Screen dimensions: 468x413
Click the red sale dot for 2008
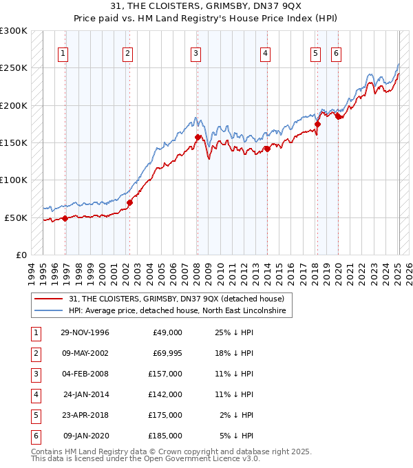tap(198, 137)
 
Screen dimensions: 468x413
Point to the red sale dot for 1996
tap(65, 218)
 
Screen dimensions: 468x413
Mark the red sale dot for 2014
tap(267, 149)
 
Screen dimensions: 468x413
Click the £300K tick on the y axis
tap(14, 31)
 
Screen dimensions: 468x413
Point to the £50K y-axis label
tap(17, 217)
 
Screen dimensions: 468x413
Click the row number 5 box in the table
tap(35, 415)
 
